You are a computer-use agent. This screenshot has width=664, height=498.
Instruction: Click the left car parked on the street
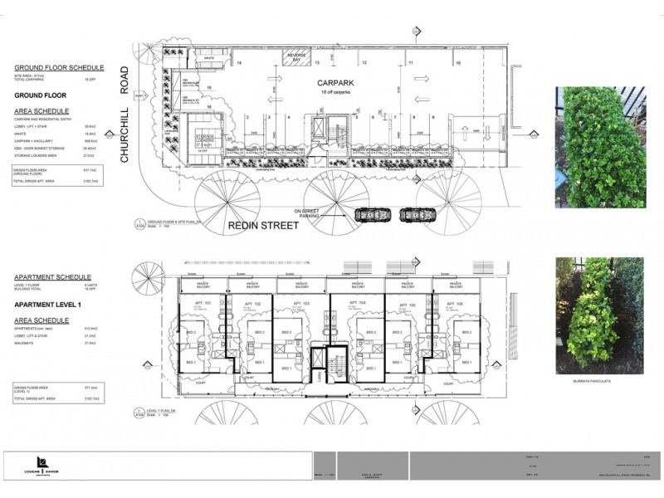[x=370, y=214]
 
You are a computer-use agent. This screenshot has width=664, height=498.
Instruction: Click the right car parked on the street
[x=416, y=213]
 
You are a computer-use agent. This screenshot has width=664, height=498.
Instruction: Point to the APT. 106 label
[x=462, y=304]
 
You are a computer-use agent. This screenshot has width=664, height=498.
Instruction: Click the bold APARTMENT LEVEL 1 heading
[x=52, y=305]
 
